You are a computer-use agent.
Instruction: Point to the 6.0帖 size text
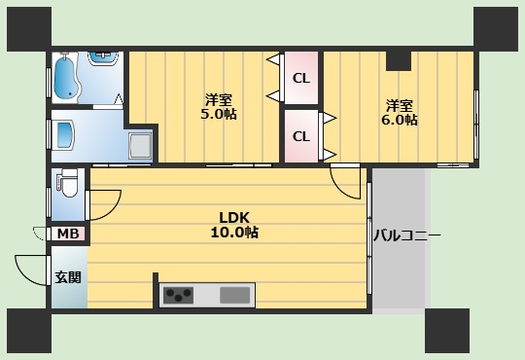400,120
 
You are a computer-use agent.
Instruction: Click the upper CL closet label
301,78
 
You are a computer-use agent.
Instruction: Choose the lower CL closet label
301,136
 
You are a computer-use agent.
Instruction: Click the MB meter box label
68,234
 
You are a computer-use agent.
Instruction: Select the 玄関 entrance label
68,277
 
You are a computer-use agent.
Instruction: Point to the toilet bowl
67,183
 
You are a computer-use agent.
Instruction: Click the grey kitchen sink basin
235,295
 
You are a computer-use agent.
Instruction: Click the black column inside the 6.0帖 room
398,60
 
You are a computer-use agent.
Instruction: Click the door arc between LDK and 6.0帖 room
345,181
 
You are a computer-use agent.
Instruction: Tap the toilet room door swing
102,202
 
